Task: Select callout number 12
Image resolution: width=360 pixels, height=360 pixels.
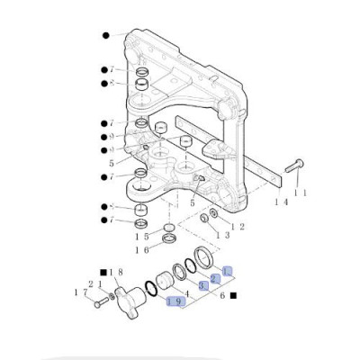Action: [x=237, y=226]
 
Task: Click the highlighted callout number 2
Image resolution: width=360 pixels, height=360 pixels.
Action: [x=215, y=279]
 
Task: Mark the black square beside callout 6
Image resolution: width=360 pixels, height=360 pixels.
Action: [x=232, y=293]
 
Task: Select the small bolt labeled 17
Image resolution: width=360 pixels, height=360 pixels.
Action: [x=96, y=302]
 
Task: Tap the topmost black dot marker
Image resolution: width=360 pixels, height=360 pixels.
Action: [x=105, y=34]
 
